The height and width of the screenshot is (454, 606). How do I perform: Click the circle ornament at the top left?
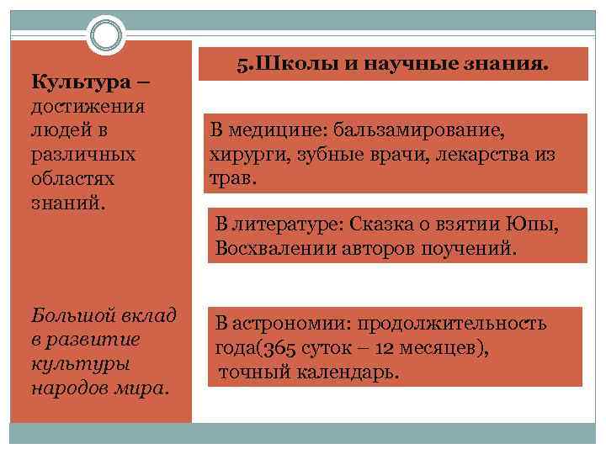tap(105, 36)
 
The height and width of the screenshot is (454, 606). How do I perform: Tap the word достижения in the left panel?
tap(88, 107)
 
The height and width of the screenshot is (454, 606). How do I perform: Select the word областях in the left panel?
tap(72, 179)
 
